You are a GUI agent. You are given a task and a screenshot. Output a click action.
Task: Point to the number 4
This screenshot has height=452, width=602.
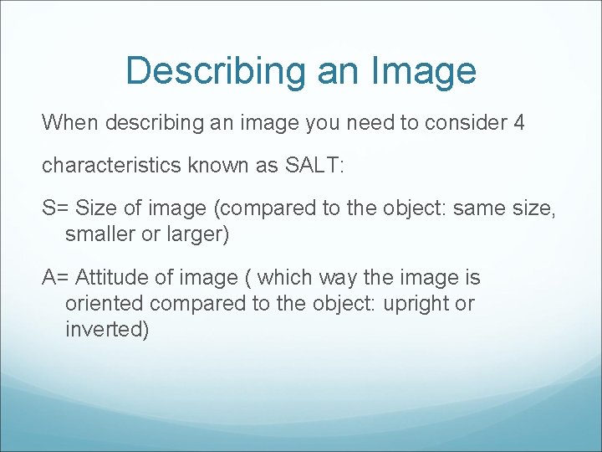519,123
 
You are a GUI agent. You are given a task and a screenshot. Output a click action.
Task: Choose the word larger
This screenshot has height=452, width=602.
196,234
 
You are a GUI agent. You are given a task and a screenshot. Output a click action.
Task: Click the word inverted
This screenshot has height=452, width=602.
107,329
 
